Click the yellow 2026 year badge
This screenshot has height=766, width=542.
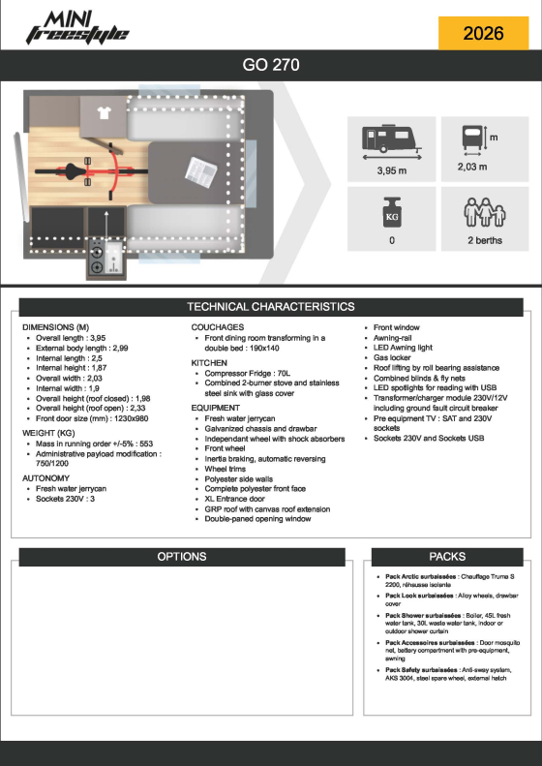[x=483, y=33]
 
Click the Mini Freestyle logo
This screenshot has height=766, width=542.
[x=77, y=28]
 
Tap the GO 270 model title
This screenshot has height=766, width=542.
[x=271, y=65]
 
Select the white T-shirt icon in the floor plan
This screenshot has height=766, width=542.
[x=104, y=113]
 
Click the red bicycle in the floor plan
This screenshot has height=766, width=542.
[x=91, y=171]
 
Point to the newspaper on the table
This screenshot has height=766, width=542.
[x=201, y=172]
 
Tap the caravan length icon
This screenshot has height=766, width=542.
[x=392, y=142]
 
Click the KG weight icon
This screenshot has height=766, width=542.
[x=392, y=212]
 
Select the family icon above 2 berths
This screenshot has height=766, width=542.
[x=484, y=212]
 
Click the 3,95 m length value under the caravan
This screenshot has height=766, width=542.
[x=392, y=170]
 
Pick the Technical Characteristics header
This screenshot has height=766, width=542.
[x=271, y=307]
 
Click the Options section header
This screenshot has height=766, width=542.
[x=182, y=557]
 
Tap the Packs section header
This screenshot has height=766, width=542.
[x=447, y=557]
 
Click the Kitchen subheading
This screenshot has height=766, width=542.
[x=209, y=363]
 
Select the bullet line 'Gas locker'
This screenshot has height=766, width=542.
[x=392, y=357]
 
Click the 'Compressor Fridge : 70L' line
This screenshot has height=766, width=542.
[x=248, y=373]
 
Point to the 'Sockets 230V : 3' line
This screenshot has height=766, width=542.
[x=65, y=499]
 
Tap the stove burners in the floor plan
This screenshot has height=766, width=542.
[x=97, y=259]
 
